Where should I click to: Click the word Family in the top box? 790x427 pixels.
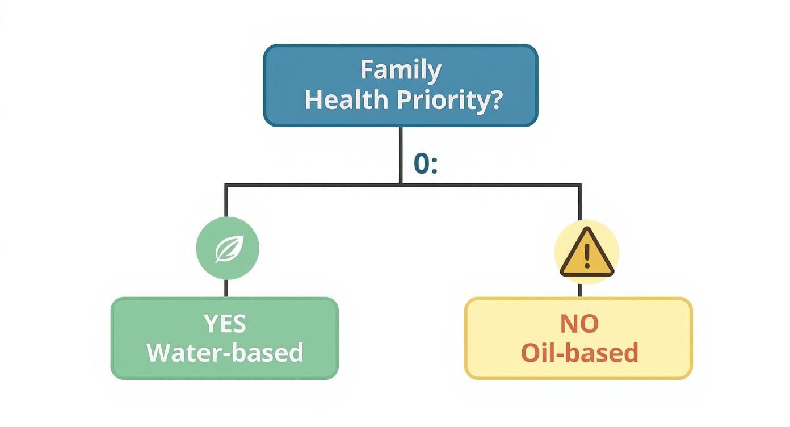pyautogui.click(x=401, y=71)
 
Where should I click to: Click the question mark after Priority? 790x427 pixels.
pyautogui.click(x=495, y=99)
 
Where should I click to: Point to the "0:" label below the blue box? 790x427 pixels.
pyautogui.click(x=425, y=164)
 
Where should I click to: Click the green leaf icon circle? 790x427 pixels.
pyautogui.click(x=228, y=249)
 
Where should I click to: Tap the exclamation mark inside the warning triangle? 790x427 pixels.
pyautogui.click(x=587, y=257)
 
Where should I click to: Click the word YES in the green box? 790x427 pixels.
pyautogui.click(x=225, y=324)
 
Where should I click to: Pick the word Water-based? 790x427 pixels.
pyautogui.click(x=225, y=352)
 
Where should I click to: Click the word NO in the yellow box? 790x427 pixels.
pyautogui.click(x=579, y=324)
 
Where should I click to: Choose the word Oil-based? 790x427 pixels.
pyautogui.click(x=579, y=352)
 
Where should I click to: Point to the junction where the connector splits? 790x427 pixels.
pyautogui.click(x=400, y=185)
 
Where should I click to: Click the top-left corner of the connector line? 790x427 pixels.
pyautogui.click(x=226, y=185)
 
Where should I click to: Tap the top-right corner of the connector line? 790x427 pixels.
pyautogui.click(x=580, y=185)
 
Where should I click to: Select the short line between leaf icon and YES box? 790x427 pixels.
pyautogui.click(x=226, y=288)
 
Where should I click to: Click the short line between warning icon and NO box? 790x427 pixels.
pyautogui.click(x=580, y=290)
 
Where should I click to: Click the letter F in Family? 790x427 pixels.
pyautogui.click(x=367, y=71)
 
